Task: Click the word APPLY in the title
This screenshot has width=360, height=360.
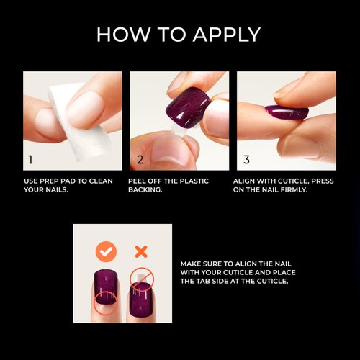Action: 223,34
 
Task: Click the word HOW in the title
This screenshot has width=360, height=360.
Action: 122,34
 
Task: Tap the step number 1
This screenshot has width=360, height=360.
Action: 30,159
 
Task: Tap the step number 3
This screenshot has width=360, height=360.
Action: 246,159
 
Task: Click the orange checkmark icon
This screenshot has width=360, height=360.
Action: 107,251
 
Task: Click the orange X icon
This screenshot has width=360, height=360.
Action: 141,251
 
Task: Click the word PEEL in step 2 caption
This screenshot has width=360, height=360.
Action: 140,181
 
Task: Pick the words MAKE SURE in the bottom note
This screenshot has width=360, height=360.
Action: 203,263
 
